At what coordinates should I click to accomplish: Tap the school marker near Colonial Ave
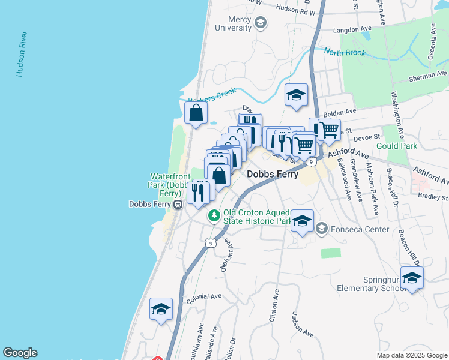(x=161, y=310)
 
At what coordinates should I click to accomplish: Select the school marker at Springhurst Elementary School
(x=412, y=278)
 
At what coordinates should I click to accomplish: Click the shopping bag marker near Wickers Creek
(x=196, y=113)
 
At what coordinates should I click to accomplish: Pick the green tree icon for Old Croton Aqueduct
(x=213, y=215)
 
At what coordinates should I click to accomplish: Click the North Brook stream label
(x=345, y=52)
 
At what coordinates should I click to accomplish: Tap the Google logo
(x=20, y=353)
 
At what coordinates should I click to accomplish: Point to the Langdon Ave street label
(x=352, y=28)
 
